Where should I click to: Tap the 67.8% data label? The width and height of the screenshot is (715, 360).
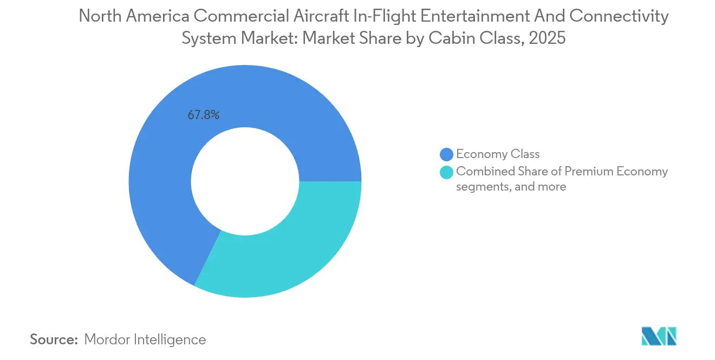tap(203, 115)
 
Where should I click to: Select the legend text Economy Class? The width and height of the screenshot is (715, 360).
tap(498, 154)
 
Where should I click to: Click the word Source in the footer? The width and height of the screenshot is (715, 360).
tap(54, 339)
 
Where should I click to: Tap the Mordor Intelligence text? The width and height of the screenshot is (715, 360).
tap(145, 339)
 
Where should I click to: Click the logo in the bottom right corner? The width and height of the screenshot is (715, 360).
tap(659, 336)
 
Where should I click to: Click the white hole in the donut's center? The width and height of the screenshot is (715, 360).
tap(245, 181)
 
